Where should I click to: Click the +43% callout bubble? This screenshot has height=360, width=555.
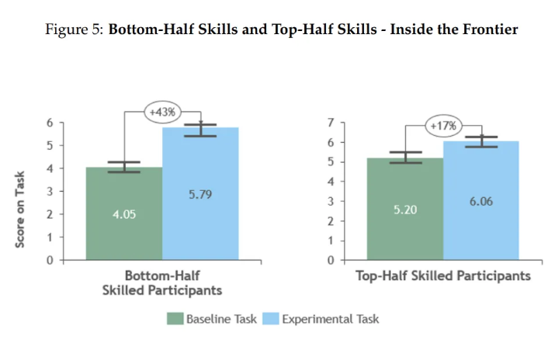161,111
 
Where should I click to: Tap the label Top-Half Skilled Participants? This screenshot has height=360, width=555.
443,275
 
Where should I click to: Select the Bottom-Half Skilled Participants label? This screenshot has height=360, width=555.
162,282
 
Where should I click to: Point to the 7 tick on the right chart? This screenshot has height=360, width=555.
331,123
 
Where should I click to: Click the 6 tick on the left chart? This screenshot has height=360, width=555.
50,123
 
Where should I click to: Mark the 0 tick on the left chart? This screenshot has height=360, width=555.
50,260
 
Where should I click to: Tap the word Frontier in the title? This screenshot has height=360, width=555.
490,30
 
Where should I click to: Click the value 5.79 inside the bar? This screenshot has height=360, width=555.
200,193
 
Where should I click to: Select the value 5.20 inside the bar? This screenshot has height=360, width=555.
404,209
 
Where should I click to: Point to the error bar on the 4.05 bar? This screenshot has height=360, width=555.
124,167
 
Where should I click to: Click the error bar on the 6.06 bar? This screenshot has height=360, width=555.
480,141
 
